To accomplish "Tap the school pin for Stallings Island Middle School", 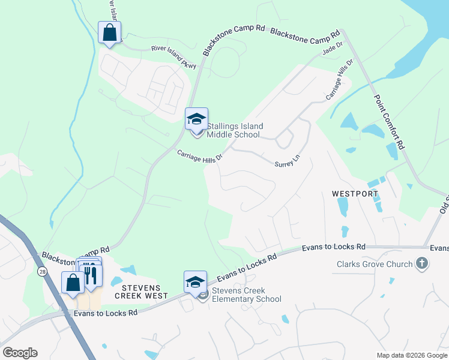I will coord(196,119).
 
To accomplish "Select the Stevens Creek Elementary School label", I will coord(246,295).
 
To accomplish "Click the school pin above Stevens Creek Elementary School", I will coord(196,282).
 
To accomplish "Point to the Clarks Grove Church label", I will coord(375,264).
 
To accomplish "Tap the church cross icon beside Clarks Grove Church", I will coord(422,263).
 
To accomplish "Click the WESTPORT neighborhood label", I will coord(355,194).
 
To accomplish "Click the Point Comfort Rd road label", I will coord(390,121).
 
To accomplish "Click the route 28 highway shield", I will coord(41,272).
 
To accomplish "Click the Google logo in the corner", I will coord(20,352).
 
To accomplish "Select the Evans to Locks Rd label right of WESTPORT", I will coord(333,247).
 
